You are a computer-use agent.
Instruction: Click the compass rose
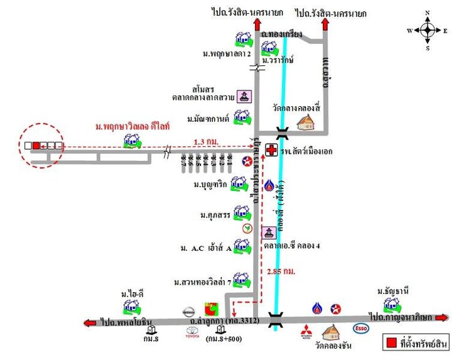pos(427,30)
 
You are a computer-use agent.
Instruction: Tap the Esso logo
pos(361,327)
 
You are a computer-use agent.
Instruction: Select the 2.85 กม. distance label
pos(281,271)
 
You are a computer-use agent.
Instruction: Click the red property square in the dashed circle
pos(36,146)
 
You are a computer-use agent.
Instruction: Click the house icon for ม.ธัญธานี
pos(392,305)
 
